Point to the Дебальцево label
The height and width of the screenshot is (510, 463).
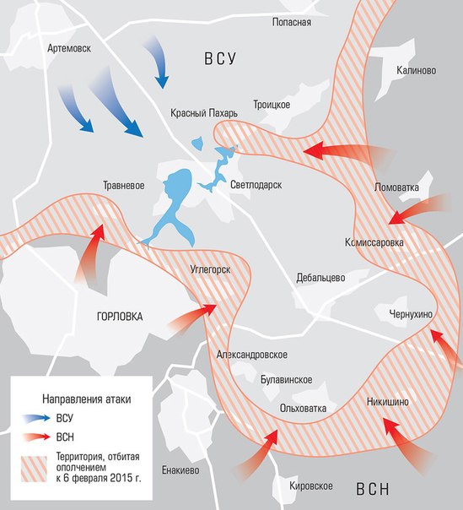[x=321, y=277]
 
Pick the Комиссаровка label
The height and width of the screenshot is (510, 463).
[x=374, y=242]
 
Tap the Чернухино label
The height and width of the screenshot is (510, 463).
[x=411, y=314]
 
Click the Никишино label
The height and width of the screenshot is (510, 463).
[x=388, y=402]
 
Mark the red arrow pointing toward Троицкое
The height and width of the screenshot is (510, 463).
[x=346, y=152]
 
